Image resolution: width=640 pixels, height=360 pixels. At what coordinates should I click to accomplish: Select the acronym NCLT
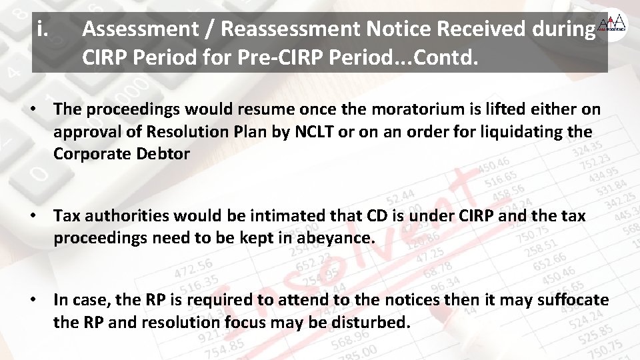tap(317, 131)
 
